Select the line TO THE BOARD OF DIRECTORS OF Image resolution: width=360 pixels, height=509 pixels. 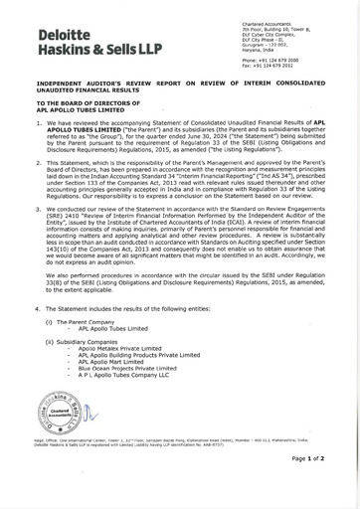coord(95,102)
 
